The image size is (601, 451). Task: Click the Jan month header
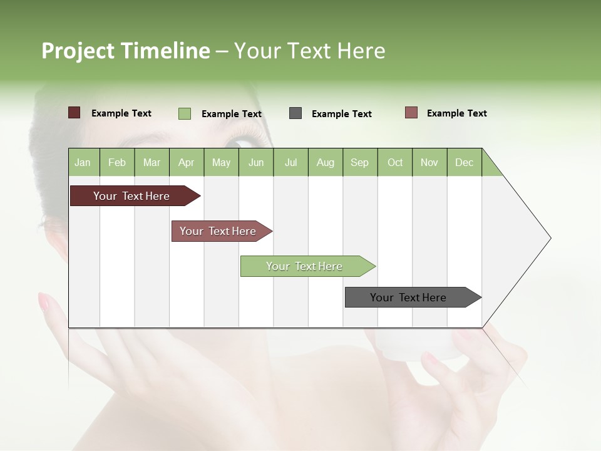(x=83, y=162)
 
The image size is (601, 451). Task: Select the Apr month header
(x=187, y=162)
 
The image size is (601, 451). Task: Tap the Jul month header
(x=290, y=162)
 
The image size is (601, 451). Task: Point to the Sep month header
(x=359, y=162)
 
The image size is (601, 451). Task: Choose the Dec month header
(x=464, y=162)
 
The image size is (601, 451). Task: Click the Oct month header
(x=395, y=162)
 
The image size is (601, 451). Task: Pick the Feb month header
(x=117, y=162)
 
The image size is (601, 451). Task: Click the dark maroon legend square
(x=74, y=113)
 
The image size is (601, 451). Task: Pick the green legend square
(x=185, y=113)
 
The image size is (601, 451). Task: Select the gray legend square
(x=295, y=113)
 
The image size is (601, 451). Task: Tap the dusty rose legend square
(x=411, y=113)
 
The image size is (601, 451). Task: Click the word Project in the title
(x=78, y=51)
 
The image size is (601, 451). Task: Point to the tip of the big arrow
(x=550, y=238)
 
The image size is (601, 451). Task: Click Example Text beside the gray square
(x=341, y=114)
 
